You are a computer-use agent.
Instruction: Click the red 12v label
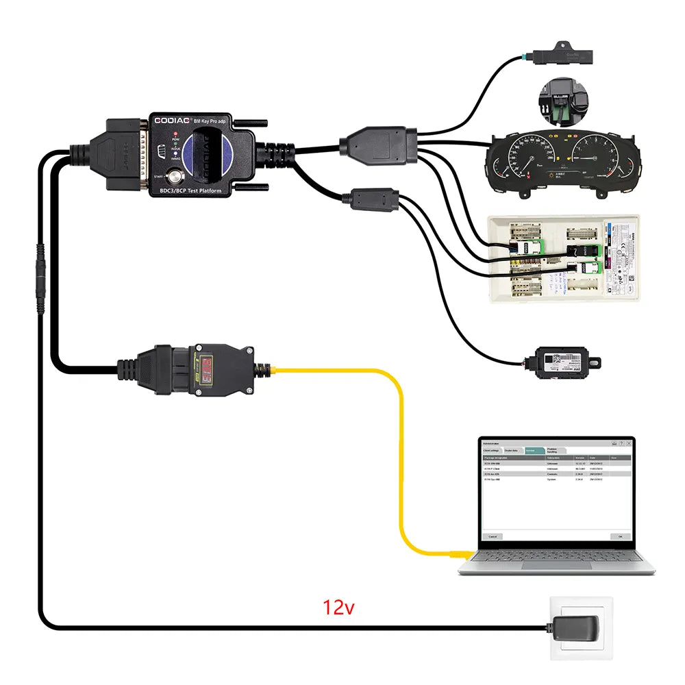(x=338, y=607)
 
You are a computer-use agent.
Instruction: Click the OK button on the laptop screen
(x=620, y=536)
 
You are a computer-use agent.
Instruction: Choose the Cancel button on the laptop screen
(x=492, y=536)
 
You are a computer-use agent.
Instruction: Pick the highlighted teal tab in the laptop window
(x=534, y=450)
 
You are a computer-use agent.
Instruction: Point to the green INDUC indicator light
(x=176, y=142)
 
